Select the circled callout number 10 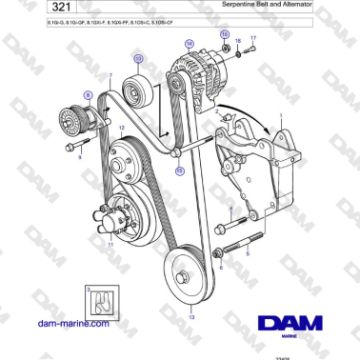(x=139, y=59)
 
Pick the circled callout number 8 (x=89, y=95)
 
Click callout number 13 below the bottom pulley (x=190, y=316)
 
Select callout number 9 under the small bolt (x=80, y=158)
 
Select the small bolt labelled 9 (x=72, y=147)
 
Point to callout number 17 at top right (x=253, y=38)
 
